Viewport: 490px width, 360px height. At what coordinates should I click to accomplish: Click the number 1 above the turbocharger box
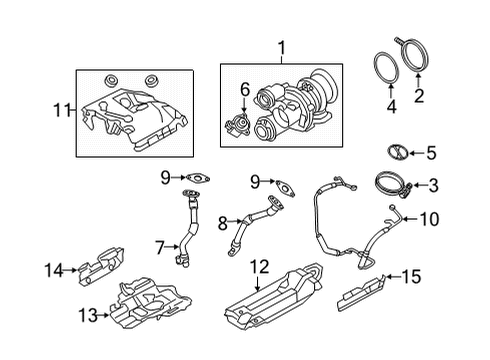pyautogui.click(x=281, y=47)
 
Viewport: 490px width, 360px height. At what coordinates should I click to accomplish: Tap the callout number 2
pyautogui.click(x=419, y=97)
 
